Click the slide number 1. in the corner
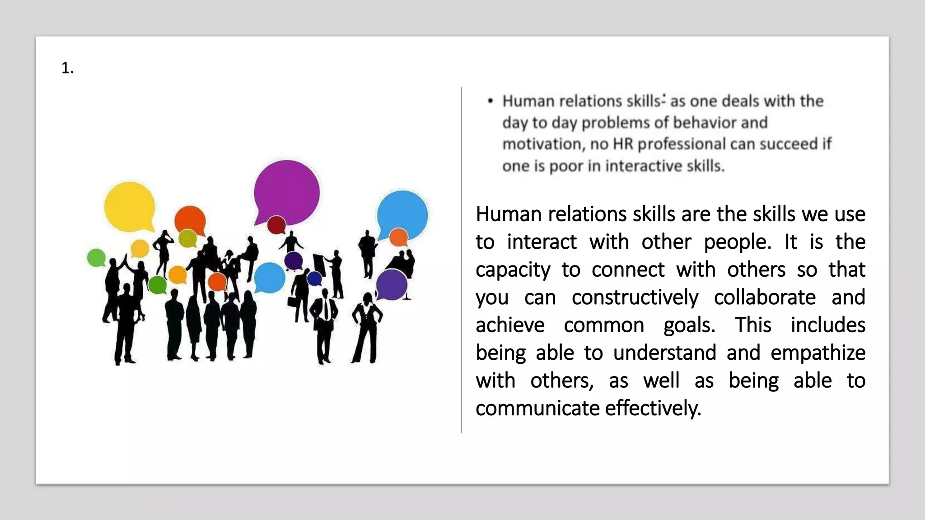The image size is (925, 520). tap(67, 68)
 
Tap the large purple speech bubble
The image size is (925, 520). tap(287, 192)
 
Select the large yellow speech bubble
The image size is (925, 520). tap(130, 206)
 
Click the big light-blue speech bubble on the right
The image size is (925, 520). tap(402, 214)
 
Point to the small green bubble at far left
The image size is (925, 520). tap(96, 258)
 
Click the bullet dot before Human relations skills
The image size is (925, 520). tap(491, 101)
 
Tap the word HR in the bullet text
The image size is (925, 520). tap(623, 144)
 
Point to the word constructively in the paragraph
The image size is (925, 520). tap(635, 297)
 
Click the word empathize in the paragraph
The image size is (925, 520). tap(818, 353)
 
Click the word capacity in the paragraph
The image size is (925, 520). tap(513, 270)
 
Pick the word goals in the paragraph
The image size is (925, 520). tap(689, 325)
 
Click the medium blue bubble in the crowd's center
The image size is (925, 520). tap(269, 277)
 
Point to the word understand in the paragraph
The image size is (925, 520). tap(664, 353)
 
